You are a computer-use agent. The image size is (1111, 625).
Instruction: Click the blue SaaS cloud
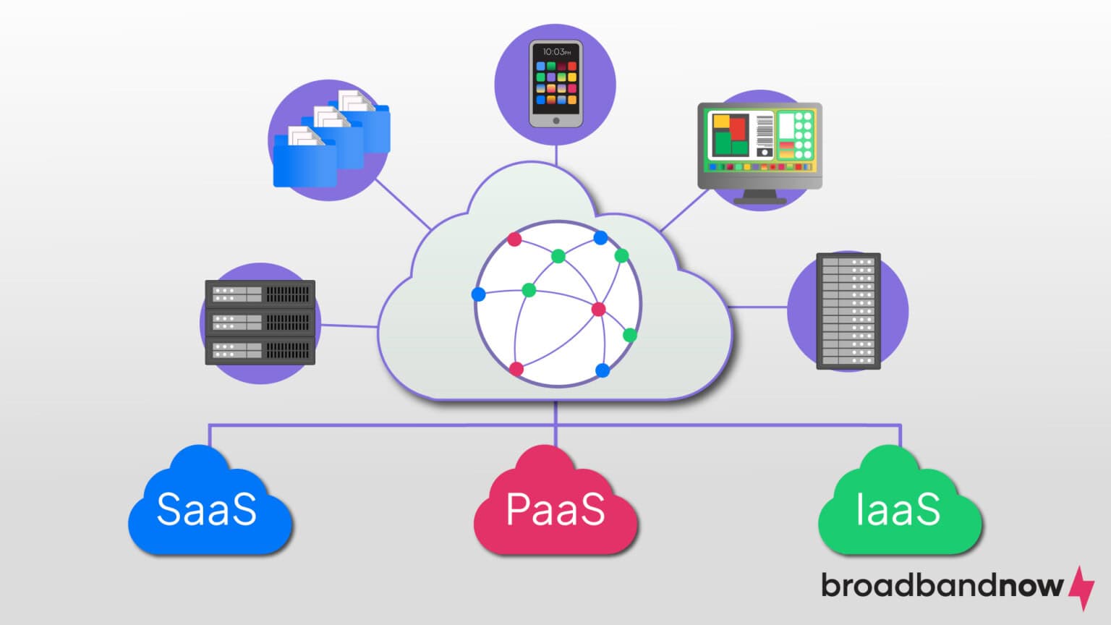[208, 506]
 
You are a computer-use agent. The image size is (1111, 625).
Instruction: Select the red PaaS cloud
[555, 506]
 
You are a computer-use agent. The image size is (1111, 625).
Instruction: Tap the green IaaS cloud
[899, 506]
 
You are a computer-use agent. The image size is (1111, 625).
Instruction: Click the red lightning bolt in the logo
[1082, 587]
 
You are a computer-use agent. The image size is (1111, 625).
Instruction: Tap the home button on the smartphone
[555, 121]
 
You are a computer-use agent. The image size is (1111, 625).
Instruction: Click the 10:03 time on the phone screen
[555, 52]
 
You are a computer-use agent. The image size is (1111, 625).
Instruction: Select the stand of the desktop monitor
[759, 196]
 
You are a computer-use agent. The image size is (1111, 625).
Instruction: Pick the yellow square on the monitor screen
[721, 122]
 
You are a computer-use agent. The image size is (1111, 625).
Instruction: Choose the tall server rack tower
[848, 311]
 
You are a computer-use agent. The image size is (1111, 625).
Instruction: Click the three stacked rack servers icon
[260, 322]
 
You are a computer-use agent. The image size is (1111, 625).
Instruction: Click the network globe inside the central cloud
[558, 304]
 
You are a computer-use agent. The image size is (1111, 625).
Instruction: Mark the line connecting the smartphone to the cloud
[555, 154]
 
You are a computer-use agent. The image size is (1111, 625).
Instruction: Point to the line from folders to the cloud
[403, 204]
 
